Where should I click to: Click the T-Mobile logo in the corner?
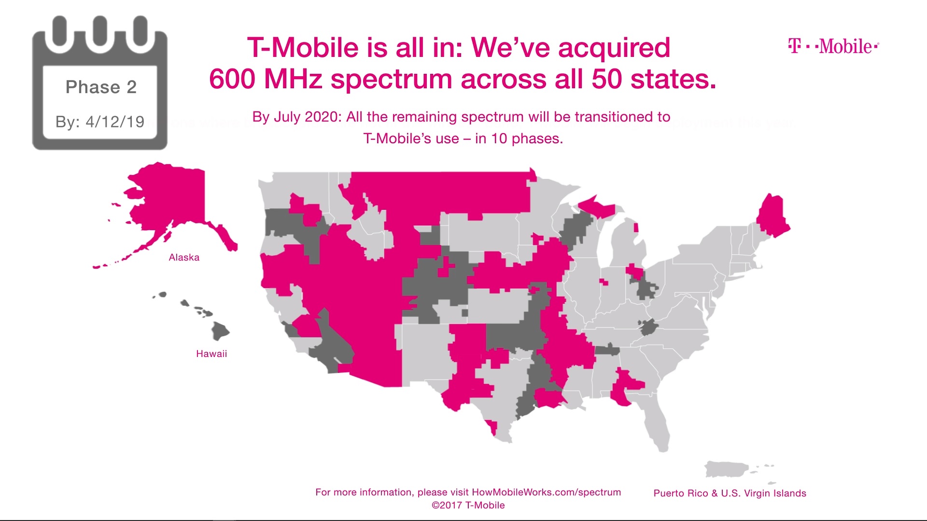coord(833,46)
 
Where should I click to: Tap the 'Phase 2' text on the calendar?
coord(101,87)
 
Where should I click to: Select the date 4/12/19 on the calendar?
coord(115,122)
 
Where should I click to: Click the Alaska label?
coord(184,258)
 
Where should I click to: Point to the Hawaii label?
coord(211,354)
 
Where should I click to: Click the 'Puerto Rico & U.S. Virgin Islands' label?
coord(730,493)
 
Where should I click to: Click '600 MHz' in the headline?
coord(266,79)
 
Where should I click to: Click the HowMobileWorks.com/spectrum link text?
coord(546,492)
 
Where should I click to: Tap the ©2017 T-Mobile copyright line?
coord(468,505)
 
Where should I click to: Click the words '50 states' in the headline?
coord(654,79)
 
